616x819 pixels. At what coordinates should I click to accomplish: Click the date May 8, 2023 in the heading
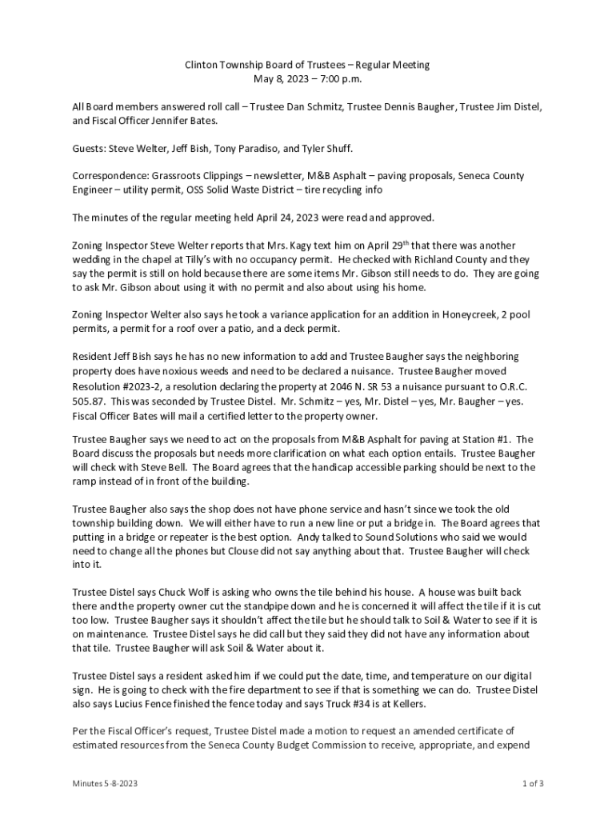(x=278, y=79)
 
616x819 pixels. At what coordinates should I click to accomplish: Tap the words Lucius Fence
(x=176, y=704)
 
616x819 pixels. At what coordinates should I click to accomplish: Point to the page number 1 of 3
(x=532, y=784)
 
